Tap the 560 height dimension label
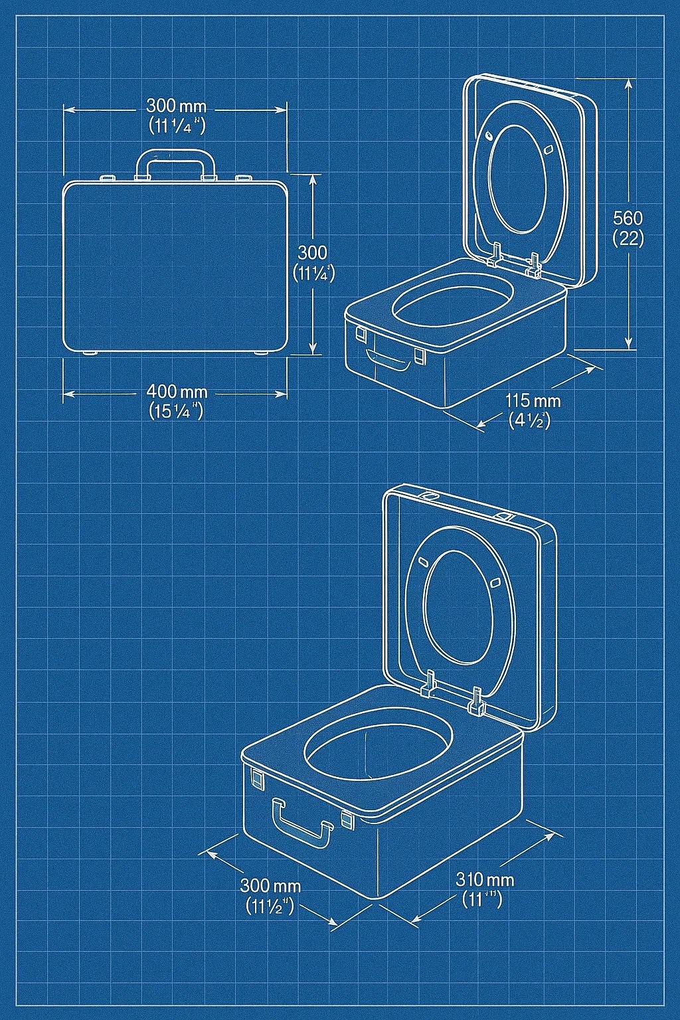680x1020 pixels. pyautogui.click(x=628, y=218)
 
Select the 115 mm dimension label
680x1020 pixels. pyautogui.click(x=533, y=400)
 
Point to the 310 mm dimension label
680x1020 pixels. pyautogui.click(x=485, y=879)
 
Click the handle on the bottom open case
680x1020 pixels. pyautogui.click(x=302, y=825)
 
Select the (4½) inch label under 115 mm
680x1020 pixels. pyautogui.click(x=529, y=420)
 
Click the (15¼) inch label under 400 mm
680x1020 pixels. pyautogui.click(x=176, y=411)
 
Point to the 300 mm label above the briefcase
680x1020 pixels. pyautogui.click(x=176, y=106)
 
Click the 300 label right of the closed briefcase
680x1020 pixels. pyautogui.click(x=312, y=252)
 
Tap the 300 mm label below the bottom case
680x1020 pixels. pyautogui.click(x=270, y=885)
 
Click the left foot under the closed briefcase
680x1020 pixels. pyautogui.click(x=89, y=353)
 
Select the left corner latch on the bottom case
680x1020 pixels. pyautogui.click(x=256, y=777)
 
